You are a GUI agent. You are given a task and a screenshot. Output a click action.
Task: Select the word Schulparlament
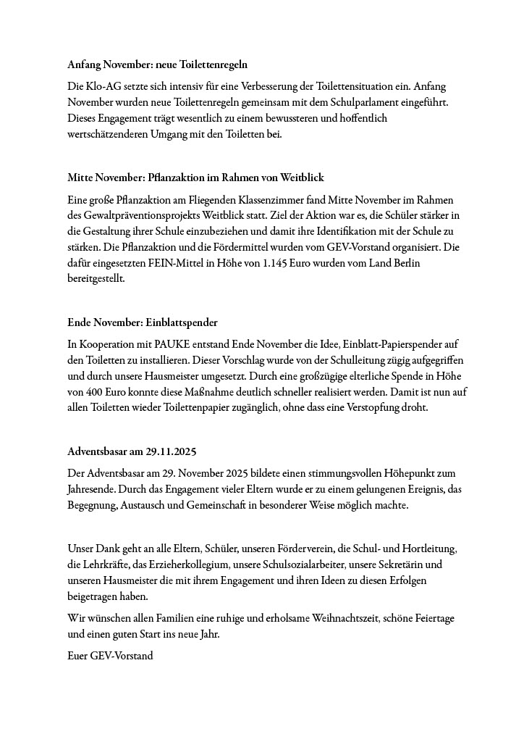(x=350, y=102)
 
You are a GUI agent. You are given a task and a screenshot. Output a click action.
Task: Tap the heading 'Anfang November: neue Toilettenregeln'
(x=158, y=64)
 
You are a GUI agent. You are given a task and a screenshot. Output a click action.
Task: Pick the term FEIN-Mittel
(x=182, y=263)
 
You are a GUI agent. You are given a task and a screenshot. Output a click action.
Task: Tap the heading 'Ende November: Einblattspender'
(x=143, y=322)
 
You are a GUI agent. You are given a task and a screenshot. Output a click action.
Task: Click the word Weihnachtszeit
(x=337, y=618)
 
